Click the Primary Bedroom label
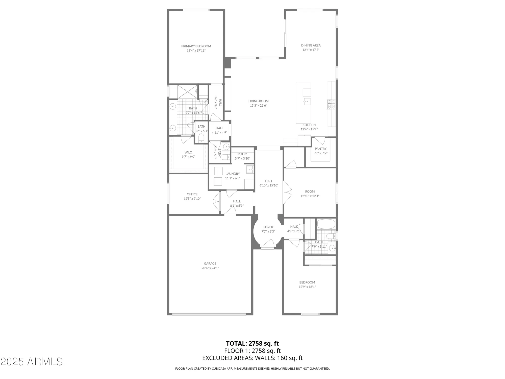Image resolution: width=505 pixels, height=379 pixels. [196, 46]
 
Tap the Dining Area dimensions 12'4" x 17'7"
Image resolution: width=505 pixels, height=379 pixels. [311, 50]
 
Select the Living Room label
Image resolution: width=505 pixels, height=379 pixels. [258, 101]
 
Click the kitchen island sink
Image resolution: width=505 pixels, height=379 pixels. [307, 102]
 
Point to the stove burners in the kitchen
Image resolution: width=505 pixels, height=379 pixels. [331, 105]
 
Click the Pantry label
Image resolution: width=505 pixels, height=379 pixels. [321, 149]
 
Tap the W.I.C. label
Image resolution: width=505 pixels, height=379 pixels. [188, 152]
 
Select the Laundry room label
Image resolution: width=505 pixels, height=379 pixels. [233, 174]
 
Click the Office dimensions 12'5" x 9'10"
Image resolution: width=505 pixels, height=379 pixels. [192, 199]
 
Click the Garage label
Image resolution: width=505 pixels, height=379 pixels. [210, 264]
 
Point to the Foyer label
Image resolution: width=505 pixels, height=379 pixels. [268, 227]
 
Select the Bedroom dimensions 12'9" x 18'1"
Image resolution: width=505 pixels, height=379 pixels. [307, 287]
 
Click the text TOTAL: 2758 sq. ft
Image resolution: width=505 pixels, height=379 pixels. [252, 343]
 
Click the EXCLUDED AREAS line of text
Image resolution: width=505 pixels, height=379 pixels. [252, 358]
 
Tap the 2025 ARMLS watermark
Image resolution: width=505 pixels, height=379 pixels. [32, 362]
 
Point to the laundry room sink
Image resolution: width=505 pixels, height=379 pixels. [249, 169]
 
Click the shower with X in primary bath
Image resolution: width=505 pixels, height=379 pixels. [188, 92]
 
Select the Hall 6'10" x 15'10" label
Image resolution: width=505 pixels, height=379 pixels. [269, 183]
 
